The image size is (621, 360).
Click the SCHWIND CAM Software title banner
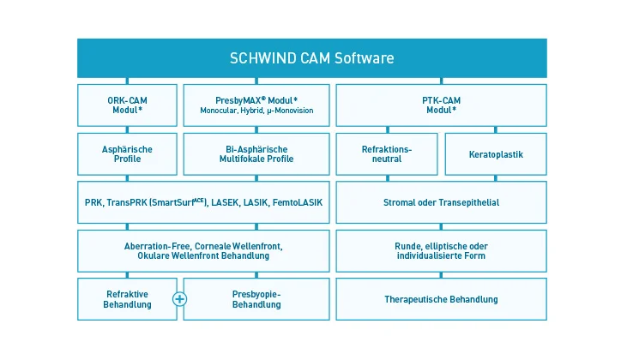coord(311,58)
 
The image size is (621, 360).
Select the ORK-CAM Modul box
coord(128,105)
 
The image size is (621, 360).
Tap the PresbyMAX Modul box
coord(256,105)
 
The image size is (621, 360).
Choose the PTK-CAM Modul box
coord(441,105)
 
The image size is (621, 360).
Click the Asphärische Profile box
coord(128,153)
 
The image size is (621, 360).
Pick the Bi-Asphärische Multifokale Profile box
coord(256,153)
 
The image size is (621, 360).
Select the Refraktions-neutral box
coord(387,153)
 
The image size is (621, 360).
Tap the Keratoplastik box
coord(496,154)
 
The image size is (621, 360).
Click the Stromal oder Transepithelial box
coord(441,202)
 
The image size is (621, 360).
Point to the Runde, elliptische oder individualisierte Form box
coord(441,251)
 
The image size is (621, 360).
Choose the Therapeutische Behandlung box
coord(441,299)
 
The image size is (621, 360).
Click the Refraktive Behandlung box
coord(127,299)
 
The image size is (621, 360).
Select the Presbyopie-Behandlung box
coord(256,299)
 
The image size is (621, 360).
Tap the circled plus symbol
coord(180,299)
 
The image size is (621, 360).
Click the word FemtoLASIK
coord(298,202)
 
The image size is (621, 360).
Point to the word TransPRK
coord(124,202)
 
